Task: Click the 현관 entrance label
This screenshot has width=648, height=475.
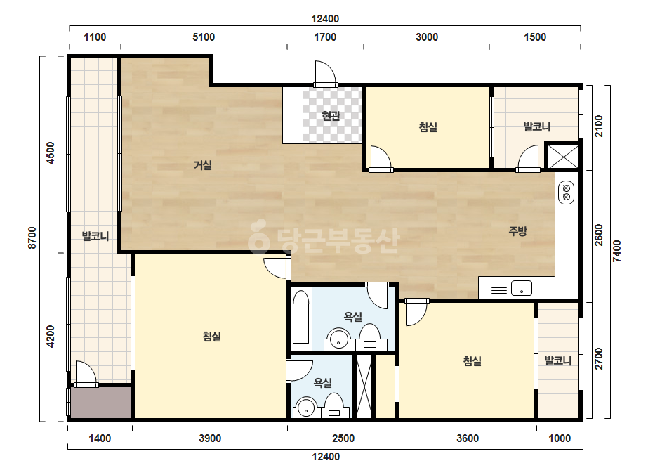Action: (x=331, y=115)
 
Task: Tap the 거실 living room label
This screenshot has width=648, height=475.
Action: (x=203, y=165)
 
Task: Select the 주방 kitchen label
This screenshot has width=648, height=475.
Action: (x=517, y=231)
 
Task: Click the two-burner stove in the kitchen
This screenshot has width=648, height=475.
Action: (x=566, y=193)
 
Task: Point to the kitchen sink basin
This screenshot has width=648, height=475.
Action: (x=522, y=288)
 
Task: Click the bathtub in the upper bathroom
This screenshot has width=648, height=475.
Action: (x=301, y=316)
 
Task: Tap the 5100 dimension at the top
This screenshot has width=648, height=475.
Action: (x=204, y=37)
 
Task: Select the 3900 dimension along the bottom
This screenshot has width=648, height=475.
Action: (x=210, y=438)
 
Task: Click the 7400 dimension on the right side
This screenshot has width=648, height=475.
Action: (x=616, y=251)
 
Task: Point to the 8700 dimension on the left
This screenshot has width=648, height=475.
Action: (x=32, y=238)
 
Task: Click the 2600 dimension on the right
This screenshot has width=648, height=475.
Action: (x=599, y=235)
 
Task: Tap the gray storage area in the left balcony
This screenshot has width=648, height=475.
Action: (x=101, y=403)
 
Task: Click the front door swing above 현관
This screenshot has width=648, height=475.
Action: (x=325, y=73)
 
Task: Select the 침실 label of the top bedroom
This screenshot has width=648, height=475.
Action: (x=428, y=126)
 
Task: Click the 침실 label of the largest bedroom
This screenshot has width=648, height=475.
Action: (x=212, y=337)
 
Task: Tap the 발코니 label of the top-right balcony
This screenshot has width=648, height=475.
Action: (x=537, y=126)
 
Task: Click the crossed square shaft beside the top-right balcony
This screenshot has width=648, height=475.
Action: (x=563, y=157)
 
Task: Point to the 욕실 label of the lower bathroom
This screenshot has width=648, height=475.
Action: (x=323, y=383)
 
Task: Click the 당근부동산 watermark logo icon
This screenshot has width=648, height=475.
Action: (x=259, y=236)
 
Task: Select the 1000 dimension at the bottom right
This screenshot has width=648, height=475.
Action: (x=560, y=438)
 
